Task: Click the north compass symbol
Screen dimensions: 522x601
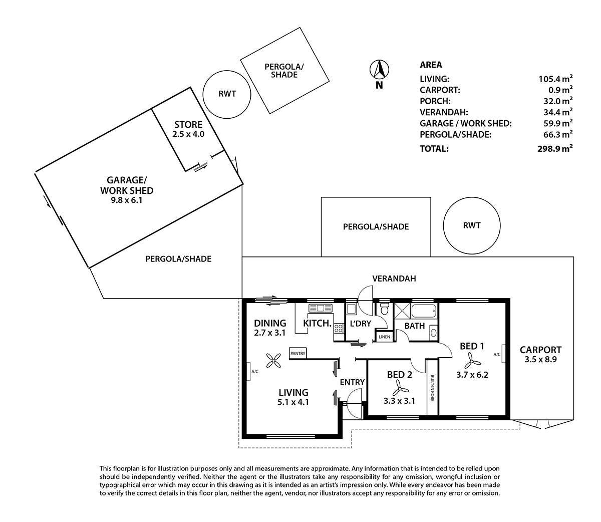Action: pos(379,70)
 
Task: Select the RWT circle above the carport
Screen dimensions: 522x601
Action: pos(472,225)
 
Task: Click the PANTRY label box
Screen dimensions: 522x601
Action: pos(297,353)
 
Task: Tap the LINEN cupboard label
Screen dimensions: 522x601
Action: pos(385,337)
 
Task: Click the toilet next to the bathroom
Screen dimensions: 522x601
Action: pos(384,309)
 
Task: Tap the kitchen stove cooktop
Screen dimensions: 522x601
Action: pos(339,329)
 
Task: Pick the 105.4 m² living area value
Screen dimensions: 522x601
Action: pos(552,79)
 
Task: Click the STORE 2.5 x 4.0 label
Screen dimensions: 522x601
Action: pos(188,129)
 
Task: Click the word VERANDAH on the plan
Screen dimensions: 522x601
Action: pos(394,279)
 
